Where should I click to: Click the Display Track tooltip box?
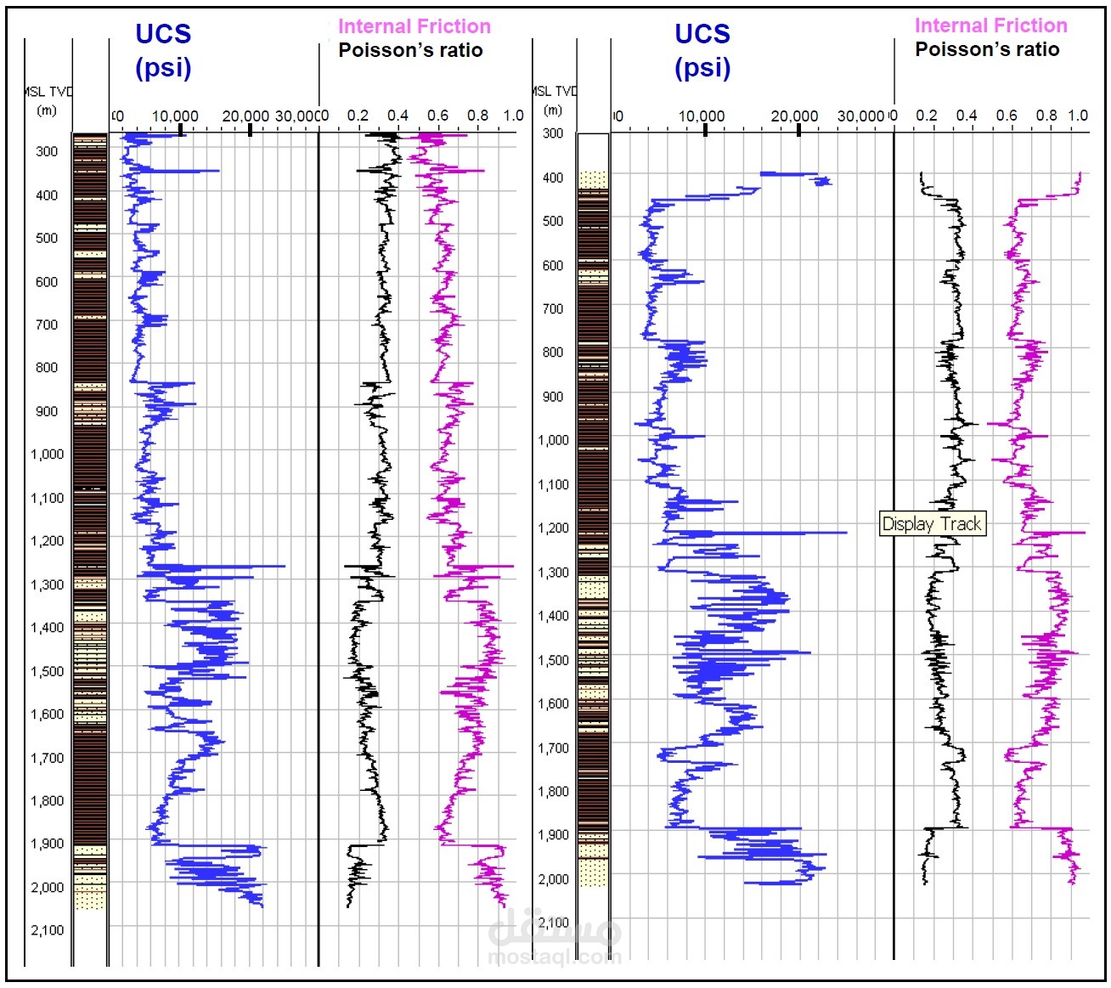point(932,523)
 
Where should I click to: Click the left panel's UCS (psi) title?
point(163,50)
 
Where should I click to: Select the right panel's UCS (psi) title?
point(702,50)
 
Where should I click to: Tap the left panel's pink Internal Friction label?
point(414,26)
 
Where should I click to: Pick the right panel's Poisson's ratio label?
point(987,49)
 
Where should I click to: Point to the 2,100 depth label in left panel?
point(47,930)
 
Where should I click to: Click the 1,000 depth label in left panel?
point(47,454)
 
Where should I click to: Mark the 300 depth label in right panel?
point(553,133)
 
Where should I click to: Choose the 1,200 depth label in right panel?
point(553,528)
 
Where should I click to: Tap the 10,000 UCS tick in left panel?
point(175,116)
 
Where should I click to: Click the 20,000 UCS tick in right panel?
point(794,116)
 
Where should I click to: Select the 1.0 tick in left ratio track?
point(513,116)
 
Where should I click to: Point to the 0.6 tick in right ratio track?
point(1007,116)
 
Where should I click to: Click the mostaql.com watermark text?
point(555,957)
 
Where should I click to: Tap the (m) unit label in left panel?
point(47,110)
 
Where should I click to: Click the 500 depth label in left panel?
point(47,238)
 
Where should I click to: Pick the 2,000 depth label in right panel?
point(553,878)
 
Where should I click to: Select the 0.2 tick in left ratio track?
point(358,116)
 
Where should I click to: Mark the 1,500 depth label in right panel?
point(553,659)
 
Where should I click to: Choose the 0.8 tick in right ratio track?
point(1047,116)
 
